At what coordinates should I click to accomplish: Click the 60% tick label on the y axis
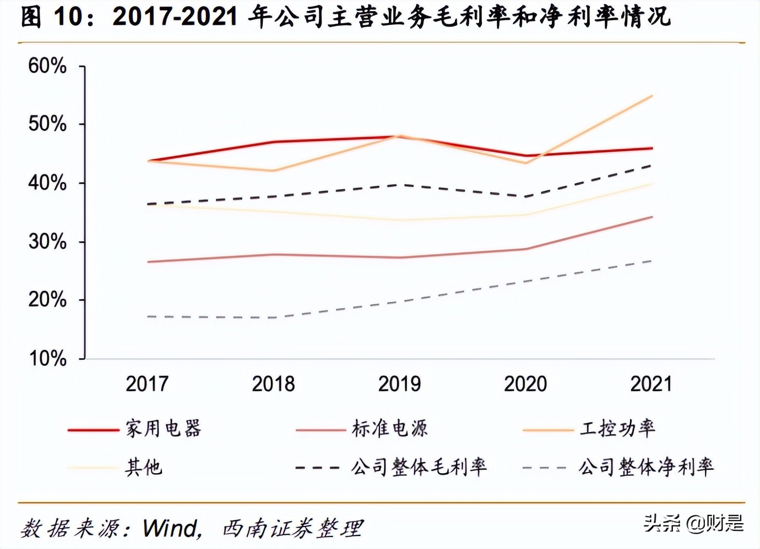(47, 66)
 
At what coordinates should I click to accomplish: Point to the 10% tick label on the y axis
(47, 359)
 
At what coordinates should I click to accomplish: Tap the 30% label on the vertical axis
(47, 241)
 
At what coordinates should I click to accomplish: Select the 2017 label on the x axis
(147, 384)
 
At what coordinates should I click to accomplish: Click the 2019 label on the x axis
(399, 384)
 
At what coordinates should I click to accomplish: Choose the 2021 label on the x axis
(652, 384)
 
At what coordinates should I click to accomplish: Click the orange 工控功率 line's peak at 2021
(652, 96)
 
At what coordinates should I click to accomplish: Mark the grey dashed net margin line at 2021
(652, 261)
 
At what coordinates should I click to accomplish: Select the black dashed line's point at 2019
(400, 185)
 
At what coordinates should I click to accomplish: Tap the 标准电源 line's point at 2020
(526, 249)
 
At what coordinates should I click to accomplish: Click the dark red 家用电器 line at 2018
(274, 142)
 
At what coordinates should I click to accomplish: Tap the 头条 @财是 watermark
(694, 523)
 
